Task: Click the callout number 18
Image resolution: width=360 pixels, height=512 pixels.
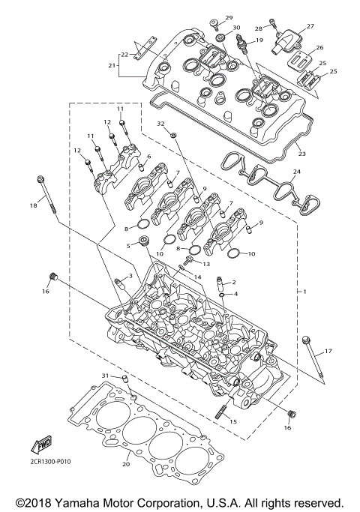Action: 33,205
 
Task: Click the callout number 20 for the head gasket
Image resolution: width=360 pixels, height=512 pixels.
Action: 126,465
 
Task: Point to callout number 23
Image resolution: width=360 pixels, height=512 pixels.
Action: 302,154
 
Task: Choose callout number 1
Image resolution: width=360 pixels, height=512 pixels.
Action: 304,290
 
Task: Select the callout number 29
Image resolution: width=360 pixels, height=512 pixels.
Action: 229,17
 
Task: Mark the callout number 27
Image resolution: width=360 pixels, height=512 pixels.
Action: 310,25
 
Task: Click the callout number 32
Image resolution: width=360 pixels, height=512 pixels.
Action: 160,123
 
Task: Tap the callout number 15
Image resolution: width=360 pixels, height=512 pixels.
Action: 233,422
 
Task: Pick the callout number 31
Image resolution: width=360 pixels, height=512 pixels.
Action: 106,376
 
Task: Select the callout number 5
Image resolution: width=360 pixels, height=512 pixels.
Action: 128,244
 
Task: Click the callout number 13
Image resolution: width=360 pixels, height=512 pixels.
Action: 206,264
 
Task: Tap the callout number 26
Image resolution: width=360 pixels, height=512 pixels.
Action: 319,47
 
